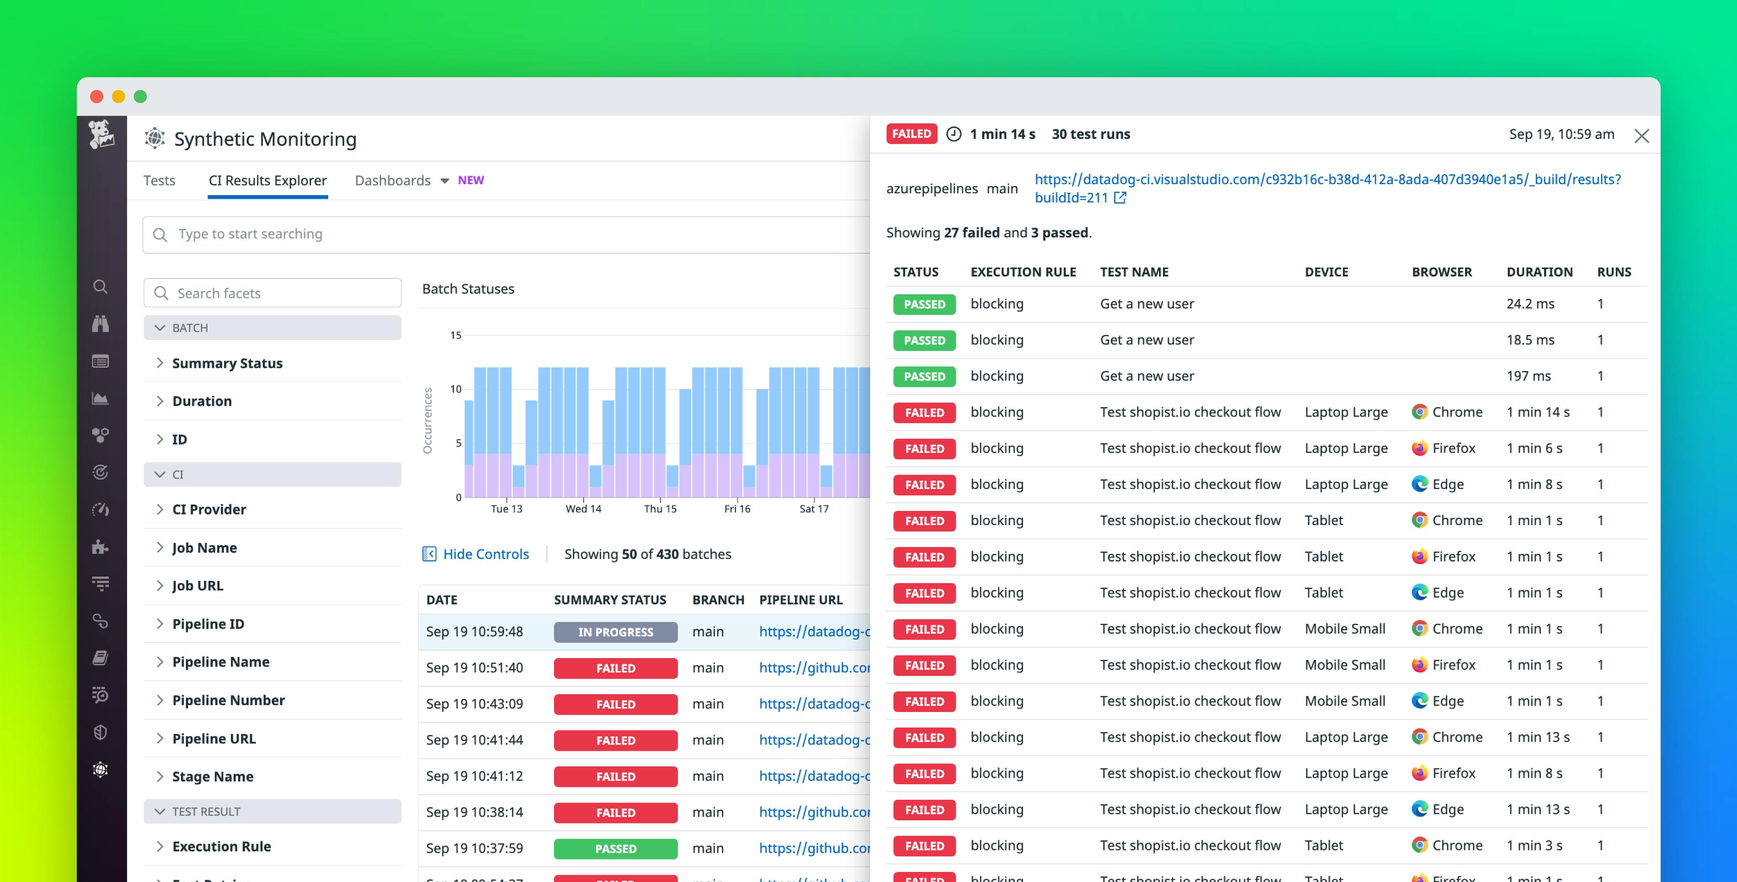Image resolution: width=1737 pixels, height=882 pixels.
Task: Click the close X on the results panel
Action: pyautogui.click(x=1641, y=136)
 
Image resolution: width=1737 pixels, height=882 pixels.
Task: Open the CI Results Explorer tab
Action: pyautogui.click(x=268, y=180)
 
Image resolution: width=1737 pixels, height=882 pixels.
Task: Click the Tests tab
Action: pyautogui.click(x=159, y=180)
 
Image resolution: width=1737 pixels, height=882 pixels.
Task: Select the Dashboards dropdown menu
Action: pyautogui.click(x=401, y=180)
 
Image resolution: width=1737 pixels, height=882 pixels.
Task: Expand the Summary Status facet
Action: pyautogui.click(x=227, y=363)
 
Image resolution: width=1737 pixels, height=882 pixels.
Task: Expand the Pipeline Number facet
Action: pyautogui.click(x=228, y=701)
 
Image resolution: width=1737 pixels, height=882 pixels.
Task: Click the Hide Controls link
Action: pyautogui.click(x=485, y=554)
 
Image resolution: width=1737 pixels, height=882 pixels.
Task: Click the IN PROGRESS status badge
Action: pyautogui.click(x=615, y=632)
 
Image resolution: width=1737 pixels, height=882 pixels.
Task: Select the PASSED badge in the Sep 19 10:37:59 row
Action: pyautogui.click(x=615, y=848)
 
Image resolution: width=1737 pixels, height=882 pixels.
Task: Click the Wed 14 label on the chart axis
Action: pyautogui.click(x=583, y=509)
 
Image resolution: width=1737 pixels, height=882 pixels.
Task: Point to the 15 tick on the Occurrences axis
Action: pyautogui.click(x=456, y=335)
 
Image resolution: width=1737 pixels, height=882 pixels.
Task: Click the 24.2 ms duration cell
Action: pyautogui.click(x=1530, y=304)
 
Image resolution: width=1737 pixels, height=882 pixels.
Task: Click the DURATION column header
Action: pyautogui.click(x=1539, y=272)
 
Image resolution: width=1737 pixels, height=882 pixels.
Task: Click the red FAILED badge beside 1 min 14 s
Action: pyautogui.click(x=911, y=134)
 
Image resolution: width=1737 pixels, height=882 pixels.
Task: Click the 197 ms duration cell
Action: pyautogui.click(x=1528, y=376)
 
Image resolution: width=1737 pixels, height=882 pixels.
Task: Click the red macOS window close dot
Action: pyautogui.click(x=96, y=96)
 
